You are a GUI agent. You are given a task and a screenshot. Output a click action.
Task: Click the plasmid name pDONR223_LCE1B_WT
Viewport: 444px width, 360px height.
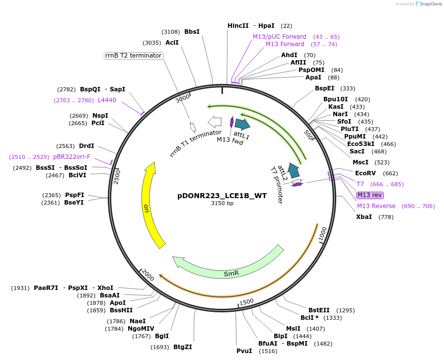click(222, 196)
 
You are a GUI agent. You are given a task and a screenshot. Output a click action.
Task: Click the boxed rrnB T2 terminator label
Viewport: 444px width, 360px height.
click(134, 56)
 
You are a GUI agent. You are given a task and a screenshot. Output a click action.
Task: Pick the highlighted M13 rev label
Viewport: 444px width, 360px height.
click(370, 195)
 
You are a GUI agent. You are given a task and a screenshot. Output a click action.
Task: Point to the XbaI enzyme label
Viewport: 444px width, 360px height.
click(364, 217)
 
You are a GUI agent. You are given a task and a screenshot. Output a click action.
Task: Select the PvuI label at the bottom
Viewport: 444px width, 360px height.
click(244, 351)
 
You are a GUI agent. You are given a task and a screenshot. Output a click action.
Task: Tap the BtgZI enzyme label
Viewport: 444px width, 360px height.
click(182, 347)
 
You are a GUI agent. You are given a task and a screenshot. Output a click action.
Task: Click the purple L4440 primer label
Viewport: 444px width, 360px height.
click(107, 100)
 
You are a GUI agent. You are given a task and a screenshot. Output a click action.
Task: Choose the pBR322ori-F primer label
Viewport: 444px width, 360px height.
click(72, 157)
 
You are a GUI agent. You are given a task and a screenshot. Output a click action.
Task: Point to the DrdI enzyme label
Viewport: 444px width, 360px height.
click(86, 146)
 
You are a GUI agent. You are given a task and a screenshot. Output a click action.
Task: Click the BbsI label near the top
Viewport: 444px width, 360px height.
click(192, 32)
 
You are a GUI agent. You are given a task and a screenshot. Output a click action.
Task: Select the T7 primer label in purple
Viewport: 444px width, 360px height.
click(360, 184)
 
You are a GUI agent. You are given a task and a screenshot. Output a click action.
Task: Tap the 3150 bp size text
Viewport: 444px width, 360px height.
click(222, 204)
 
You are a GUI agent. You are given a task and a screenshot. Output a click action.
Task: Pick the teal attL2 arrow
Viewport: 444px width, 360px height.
click(294, 170)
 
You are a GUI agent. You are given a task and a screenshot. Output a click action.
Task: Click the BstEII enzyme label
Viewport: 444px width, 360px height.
click(318, 310)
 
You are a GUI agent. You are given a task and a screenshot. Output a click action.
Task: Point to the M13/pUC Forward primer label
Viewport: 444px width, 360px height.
click(280, 37)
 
